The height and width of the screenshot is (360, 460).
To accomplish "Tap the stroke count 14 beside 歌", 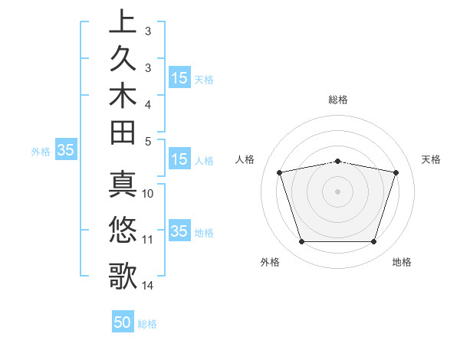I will click(x=148, y=286).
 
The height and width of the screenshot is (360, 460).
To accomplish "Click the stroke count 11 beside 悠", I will click(x=148, y=240).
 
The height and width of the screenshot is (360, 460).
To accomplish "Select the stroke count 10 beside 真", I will click(x=148, y=193).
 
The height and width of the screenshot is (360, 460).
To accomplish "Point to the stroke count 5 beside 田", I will click(x=148, y=141).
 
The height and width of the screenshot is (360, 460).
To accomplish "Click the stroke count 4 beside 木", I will click(x=148, y=103).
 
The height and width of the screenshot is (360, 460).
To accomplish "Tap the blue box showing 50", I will click(x=123, y=322).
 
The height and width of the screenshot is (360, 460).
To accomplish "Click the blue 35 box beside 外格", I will click(x=66, y=151).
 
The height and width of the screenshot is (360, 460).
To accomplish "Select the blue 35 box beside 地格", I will click(x=179, y=231).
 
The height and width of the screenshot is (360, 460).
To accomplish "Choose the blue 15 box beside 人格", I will click(x=179, y=160).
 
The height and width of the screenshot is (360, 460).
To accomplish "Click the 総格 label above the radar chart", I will click(x=338, y=100).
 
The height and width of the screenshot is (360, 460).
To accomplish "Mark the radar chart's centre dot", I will click(x=338, y=191).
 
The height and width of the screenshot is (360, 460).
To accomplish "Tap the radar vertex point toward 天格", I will click(x=396, y=172).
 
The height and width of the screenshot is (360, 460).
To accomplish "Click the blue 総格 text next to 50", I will click(x=147, y=324).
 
